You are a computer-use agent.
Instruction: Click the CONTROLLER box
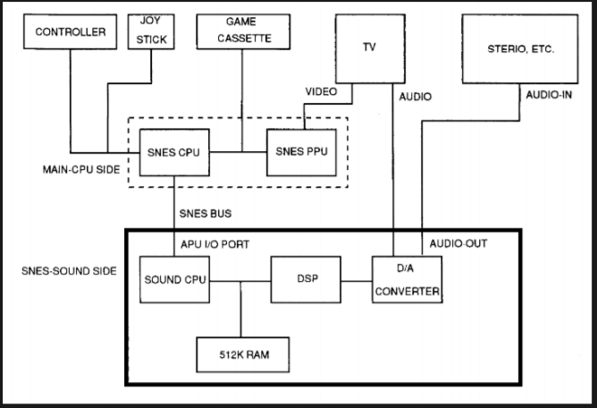[x=70, y=31]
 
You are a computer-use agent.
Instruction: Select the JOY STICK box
[x=151, y=31]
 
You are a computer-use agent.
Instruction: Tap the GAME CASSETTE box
[x=243, y=31]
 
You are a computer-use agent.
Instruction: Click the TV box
[x=370, y=49]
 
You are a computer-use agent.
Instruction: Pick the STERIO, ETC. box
[x=520, y=49]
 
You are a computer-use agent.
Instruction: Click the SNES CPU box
[x=174, y=152]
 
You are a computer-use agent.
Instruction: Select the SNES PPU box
[x=301, y=152]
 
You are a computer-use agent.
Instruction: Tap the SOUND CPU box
[x=174, y=279]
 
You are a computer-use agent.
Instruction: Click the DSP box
[x=306, y=279]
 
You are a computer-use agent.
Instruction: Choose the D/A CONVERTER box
[x=407, y=279]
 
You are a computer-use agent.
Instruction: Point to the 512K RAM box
[x=243, y=354]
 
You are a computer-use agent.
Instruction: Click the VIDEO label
[x=321, y=91]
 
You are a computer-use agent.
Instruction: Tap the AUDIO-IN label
[x=549, y=95]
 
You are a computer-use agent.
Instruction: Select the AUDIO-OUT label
[x=458, y=243]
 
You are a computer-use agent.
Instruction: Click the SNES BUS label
[x=206, y=214]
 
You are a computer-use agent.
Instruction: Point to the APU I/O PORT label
[x=214, y=244]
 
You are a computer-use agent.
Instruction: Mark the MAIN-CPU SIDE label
[x=81, y=170]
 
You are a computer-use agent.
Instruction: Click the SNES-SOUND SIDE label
[x=69, y=271]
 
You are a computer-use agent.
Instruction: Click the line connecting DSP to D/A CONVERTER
[x=357, y=282]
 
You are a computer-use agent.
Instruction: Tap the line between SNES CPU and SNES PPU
[x=238, y=152]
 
